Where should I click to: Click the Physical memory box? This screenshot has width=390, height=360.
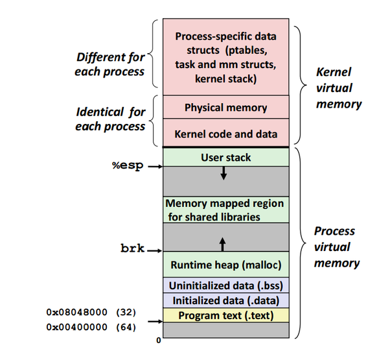[225, 107]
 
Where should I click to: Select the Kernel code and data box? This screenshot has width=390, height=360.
[225, 134]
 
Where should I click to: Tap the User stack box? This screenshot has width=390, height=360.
[225, 157]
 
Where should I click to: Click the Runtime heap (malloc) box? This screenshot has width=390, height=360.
[225, 265]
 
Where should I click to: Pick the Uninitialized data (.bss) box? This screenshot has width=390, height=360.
[225, 285]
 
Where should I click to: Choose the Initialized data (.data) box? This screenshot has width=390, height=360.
[225, 300]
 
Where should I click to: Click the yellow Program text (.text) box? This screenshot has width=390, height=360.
[225, 316]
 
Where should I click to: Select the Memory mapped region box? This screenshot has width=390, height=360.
[225, 211]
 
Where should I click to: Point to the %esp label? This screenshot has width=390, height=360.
[127, 165]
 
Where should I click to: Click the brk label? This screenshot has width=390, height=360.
[132, 249]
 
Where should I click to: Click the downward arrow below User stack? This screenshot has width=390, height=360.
[223, 173]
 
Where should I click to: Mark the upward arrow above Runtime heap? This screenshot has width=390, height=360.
[223, 244]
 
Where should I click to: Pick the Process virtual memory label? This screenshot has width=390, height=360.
[336, 246]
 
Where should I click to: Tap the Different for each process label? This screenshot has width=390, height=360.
[110, 64]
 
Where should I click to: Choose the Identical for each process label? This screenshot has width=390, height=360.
[110, 119]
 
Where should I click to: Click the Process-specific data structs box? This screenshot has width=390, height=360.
[225, 57]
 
